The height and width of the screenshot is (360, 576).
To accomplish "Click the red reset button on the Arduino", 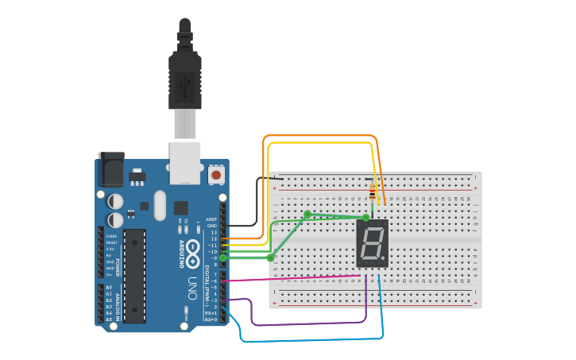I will [216, 173].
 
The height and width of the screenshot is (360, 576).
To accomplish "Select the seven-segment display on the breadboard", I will [372, 243].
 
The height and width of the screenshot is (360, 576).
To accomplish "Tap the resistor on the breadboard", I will [373, 192].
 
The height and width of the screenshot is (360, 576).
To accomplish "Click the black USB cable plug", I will [185, 79].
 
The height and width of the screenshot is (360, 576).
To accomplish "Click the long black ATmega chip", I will [134, 275].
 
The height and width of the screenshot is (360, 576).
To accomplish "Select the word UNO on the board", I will [191, 283].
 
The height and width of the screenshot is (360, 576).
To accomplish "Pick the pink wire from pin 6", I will [294, 278].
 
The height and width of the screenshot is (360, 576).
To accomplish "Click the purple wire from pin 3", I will [302, 323].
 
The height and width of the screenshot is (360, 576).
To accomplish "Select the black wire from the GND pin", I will [256, 203].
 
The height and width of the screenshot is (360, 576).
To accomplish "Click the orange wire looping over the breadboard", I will [318, 136].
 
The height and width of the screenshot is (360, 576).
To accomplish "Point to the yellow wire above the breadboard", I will [318, 143].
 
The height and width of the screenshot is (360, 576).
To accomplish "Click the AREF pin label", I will [211, 219].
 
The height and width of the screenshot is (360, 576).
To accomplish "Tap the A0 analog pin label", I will [109, 287].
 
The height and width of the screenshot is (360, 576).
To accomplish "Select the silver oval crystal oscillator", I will [160, 204].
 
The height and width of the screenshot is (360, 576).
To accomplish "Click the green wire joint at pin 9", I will [223, 257].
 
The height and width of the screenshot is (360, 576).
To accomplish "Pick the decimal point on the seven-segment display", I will [387, 263].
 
